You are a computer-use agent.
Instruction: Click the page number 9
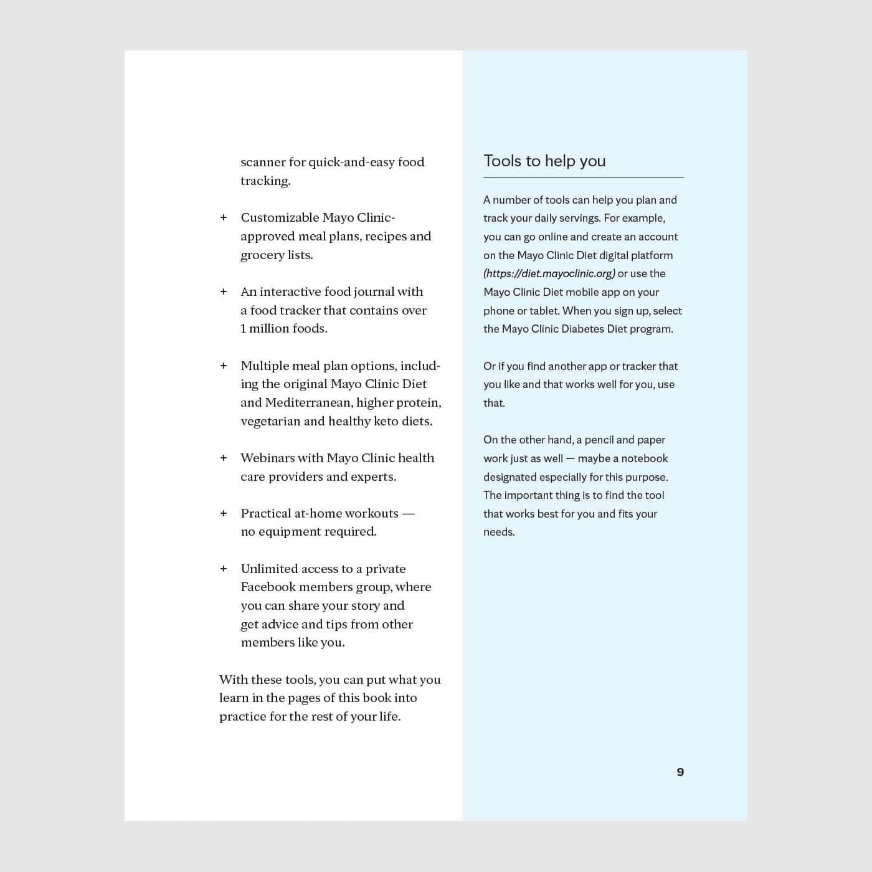[680, 772]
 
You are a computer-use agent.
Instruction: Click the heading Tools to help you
[544, 161]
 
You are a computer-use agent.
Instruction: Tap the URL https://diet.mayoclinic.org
[549, 273]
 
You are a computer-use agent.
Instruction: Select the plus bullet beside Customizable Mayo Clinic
[224, 217]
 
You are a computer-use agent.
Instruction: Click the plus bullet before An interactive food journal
[224, 291]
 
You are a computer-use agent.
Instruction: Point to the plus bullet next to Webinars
[224, 458]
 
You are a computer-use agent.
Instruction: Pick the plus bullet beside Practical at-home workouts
[224, 513]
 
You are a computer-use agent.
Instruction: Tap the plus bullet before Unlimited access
[224, 569]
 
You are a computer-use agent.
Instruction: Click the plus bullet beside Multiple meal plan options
[224, 366]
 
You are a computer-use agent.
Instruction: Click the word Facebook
[270, 587]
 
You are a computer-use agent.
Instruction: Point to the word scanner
[263, 163]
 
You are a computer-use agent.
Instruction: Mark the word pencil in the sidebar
[599, 440]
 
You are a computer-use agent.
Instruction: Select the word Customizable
[278, 217]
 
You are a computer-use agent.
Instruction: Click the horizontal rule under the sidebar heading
[584, 178]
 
